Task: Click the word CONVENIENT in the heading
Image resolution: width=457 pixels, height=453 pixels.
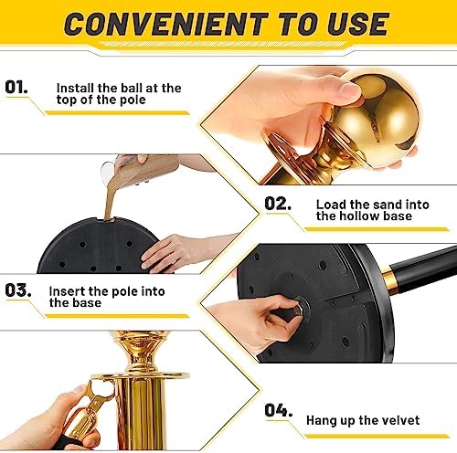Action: (166, 24)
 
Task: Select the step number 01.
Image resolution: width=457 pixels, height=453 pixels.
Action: (16, 88)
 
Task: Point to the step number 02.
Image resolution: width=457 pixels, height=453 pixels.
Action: (277, 204)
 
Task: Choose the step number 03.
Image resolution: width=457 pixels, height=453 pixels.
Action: (18, 290)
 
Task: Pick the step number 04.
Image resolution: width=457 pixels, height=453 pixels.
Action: (278, 410)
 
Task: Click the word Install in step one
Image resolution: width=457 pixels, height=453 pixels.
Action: (75, 89)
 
